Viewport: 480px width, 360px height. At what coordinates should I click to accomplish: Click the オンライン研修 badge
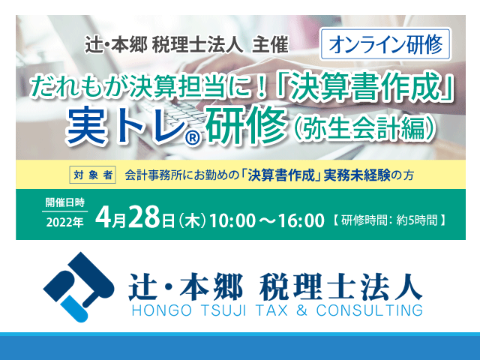(385, 44)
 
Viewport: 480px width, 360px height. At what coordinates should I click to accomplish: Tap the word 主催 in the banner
(270, 45)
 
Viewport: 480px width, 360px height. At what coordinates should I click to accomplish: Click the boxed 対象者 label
(92, 175)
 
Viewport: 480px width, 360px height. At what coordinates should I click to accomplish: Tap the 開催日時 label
(65, 202)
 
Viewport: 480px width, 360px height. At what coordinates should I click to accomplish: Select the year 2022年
(65, 223)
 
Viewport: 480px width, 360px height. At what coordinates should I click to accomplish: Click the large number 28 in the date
(145, 217)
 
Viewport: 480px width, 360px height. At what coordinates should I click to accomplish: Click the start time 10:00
(232, 220)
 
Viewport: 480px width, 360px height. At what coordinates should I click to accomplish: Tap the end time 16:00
(301, 220)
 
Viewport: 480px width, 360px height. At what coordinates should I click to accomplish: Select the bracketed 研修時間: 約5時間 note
(388, 220)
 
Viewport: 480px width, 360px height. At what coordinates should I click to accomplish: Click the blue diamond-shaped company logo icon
(79, 286)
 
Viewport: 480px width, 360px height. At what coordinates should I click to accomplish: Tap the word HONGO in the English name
(161, 310)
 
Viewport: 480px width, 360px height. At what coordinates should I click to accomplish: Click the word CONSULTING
(369, 310)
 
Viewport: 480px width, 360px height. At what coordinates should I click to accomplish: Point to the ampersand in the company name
(301, 310)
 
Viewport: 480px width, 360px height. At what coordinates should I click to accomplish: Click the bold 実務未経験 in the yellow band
(357, 175)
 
